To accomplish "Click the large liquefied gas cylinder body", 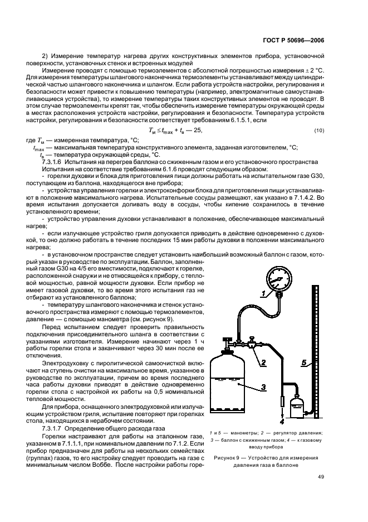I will (236, 390).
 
